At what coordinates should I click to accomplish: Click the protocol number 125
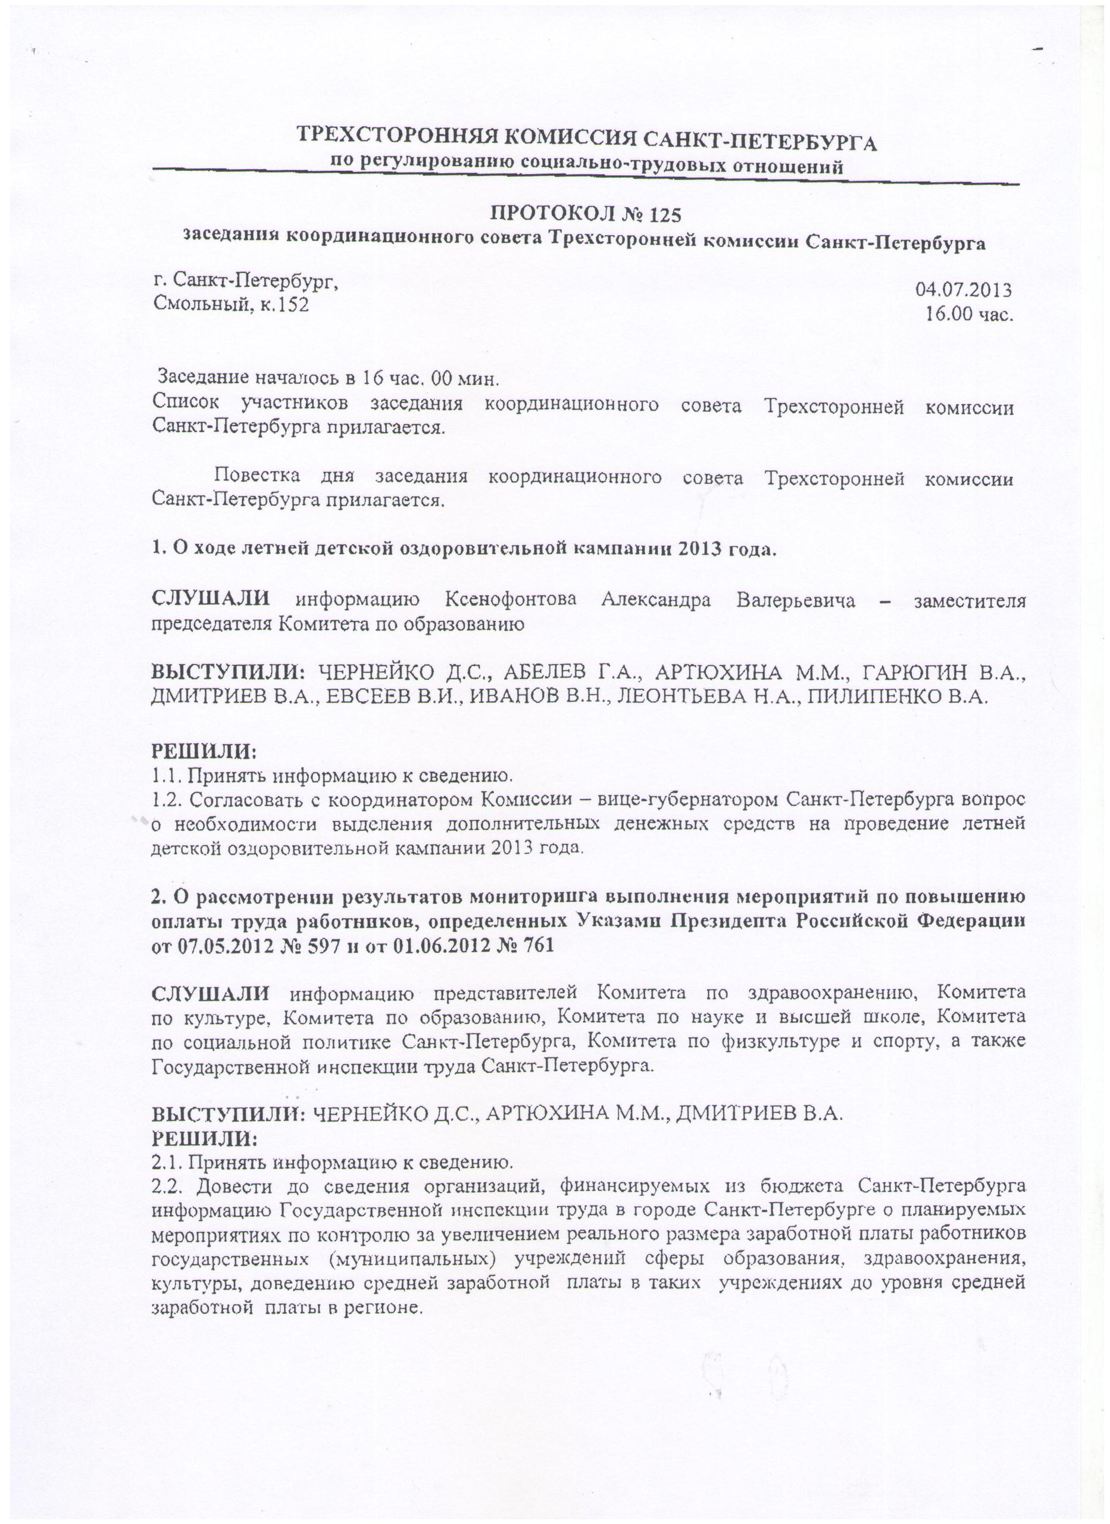coord(666,215)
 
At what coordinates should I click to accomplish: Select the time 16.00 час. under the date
coord(968,314)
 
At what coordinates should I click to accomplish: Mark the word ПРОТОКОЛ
coord(548,215)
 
